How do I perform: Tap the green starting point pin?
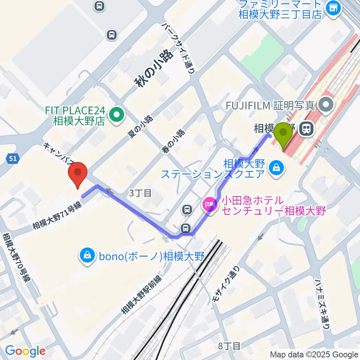283,136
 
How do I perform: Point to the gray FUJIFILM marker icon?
327,105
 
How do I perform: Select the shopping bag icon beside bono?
87,256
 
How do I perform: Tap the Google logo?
25,351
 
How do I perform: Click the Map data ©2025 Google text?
314,354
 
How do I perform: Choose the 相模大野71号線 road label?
57,214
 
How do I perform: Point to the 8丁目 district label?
229,345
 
